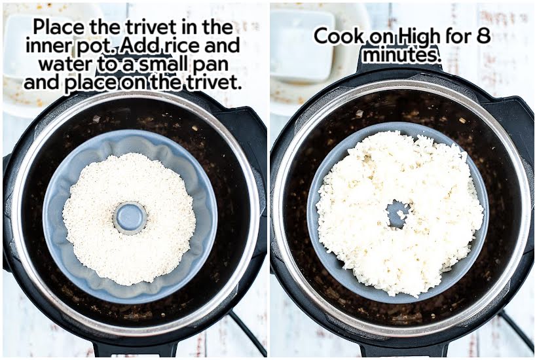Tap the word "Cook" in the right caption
341,36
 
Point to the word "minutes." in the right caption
401,55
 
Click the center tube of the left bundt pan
130,217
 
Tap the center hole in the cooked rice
396,213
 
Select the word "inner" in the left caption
50,46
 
